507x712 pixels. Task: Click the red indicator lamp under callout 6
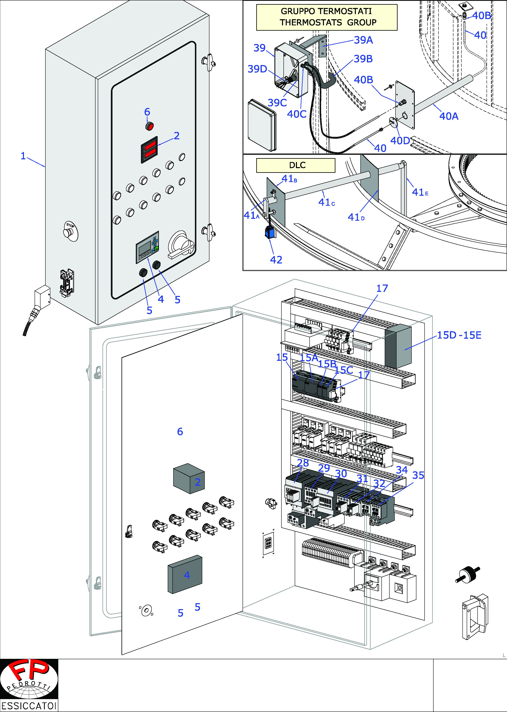tap(150, 126)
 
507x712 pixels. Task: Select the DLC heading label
tap(297, 165)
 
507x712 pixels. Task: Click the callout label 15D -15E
tap(459, 335)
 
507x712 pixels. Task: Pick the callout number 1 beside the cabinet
tap(23, 156)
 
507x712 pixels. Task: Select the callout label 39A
tap(363, 40)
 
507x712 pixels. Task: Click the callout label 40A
tap(449, 116)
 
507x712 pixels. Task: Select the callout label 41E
tap(420, 192)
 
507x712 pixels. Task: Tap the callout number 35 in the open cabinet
tap(418, 475)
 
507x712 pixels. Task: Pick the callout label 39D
tap(257, 69)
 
